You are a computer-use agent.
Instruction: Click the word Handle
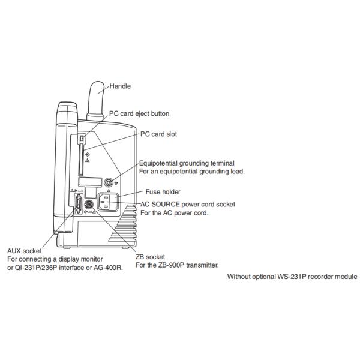[x=120, y=86]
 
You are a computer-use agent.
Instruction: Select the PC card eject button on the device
[x=82, y=139]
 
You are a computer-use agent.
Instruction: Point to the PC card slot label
[x=158, y=134]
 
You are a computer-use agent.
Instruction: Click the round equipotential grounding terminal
[x=109, y=183]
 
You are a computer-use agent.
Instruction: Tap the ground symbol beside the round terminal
[x=116, y=183]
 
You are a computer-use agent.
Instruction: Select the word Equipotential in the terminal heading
[x=158, y=163]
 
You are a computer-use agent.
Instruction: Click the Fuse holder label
[x=163, y=192]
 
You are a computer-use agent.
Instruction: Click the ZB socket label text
[x=151, y=257]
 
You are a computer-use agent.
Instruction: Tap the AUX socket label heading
[x=25, y=251]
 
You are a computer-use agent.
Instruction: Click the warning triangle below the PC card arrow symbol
[x=87, y=160]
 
